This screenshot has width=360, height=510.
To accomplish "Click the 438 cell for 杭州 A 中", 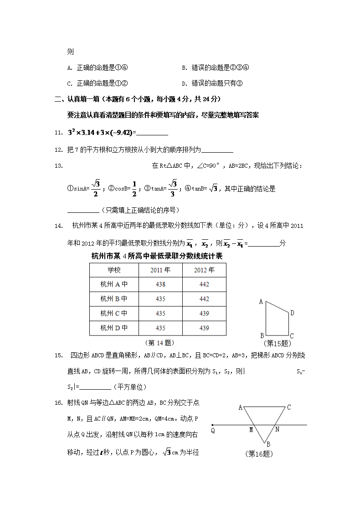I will coord(160,284).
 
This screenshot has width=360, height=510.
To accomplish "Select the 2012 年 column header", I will coord(204,270).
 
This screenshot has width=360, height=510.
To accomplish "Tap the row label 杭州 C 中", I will coord(114,314).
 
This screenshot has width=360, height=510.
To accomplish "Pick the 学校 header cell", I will coord(114,270).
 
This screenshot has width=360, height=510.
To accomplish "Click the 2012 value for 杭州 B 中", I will coord(204,299).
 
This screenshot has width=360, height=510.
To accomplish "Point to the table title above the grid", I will coord(157,256).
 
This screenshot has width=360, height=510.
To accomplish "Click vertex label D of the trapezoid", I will coord(292,313).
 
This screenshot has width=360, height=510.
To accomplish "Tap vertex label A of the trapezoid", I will coord(261,301).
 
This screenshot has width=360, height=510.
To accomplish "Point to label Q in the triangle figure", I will coord(213,430).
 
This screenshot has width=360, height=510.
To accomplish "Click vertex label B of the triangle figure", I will coord(268,444).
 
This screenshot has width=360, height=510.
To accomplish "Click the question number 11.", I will coord(58,133).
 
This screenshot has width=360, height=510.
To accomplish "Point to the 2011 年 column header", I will coord(160,270).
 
